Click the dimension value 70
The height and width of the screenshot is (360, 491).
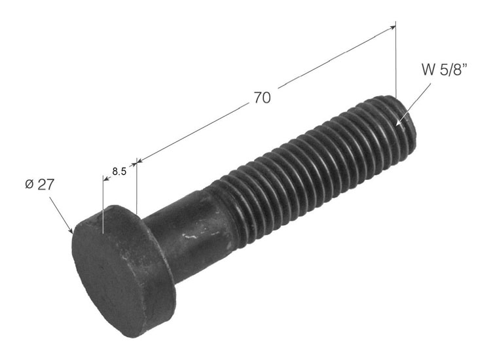point(262,98)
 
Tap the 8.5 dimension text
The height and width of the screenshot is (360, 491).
point(119,171)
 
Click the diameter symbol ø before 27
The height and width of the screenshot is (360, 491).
point(29,185)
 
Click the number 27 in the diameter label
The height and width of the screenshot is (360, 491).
point(45,184)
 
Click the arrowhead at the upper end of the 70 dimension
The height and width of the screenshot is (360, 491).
point(392,27)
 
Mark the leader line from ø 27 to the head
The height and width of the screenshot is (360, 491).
point(60,213)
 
